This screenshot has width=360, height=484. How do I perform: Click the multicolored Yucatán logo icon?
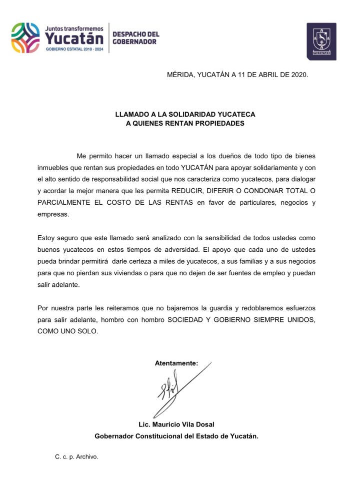[26, 38]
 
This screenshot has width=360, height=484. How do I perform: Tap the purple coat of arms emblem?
[321, 42]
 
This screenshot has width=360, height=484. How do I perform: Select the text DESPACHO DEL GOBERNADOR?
[135, 38]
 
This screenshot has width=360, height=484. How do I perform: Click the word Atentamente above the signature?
[176, 363]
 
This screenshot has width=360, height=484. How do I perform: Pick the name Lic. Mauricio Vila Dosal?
[176, 424]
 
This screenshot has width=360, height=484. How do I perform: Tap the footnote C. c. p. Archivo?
[76, 456]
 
